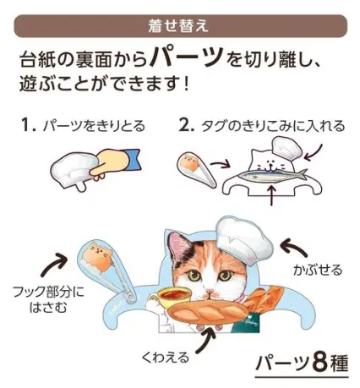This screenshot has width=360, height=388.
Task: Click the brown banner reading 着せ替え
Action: coord(180,26)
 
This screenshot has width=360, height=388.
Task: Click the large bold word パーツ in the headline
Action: coord(186,57)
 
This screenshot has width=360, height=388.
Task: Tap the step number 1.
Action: coord(29,125)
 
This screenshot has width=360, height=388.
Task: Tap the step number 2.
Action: coord(187,125)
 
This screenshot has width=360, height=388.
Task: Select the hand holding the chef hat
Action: coord(112,163)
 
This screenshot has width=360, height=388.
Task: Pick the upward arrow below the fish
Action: coord(271,194)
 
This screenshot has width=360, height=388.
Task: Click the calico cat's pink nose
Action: coord(209,290)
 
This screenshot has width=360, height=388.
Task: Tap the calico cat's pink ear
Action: coord(177,246)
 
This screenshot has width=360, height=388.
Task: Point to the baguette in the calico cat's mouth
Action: coord(208,312)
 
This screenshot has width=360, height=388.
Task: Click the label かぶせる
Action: coord(318,270)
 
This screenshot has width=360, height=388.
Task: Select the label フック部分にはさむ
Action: coord(48,299)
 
